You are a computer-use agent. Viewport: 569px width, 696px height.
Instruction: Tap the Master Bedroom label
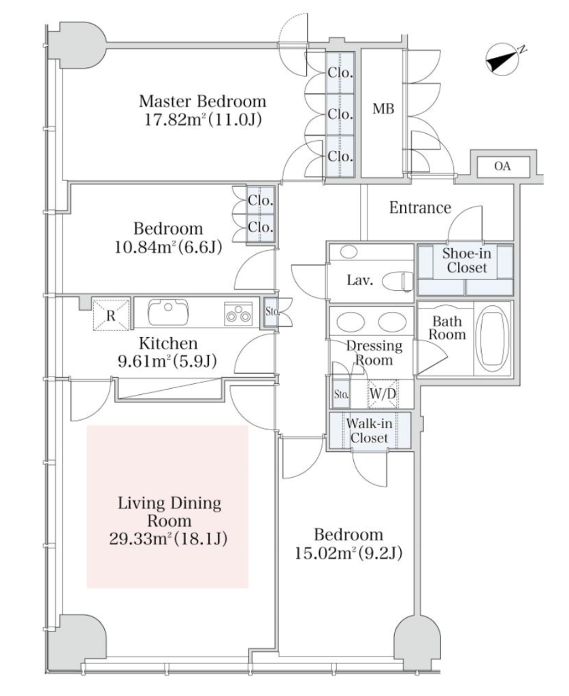[x=202, y=102]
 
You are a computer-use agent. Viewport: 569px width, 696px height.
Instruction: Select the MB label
[x=383, y=109]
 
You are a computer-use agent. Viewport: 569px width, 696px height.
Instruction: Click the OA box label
[x=502, y=167]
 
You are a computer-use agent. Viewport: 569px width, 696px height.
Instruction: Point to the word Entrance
[x=420, y=208]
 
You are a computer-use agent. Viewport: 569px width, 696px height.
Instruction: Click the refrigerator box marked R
[x=110, y=315]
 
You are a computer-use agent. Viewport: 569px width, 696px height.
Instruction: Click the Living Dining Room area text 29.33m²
[x=168, y=539]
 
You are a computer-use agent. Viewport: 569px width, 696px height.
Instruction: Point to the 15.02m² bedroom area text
[x=348, y=553]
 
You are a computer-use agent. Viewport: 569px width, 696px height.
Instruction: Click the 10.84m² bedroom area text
[x=168, y=246]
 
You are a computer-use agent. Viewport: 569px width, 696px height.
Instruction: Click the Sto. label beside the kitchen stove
[x=269, y=313]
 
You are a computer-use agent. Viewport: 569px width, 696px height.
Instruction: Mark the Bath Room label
[x=446, y=328]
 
